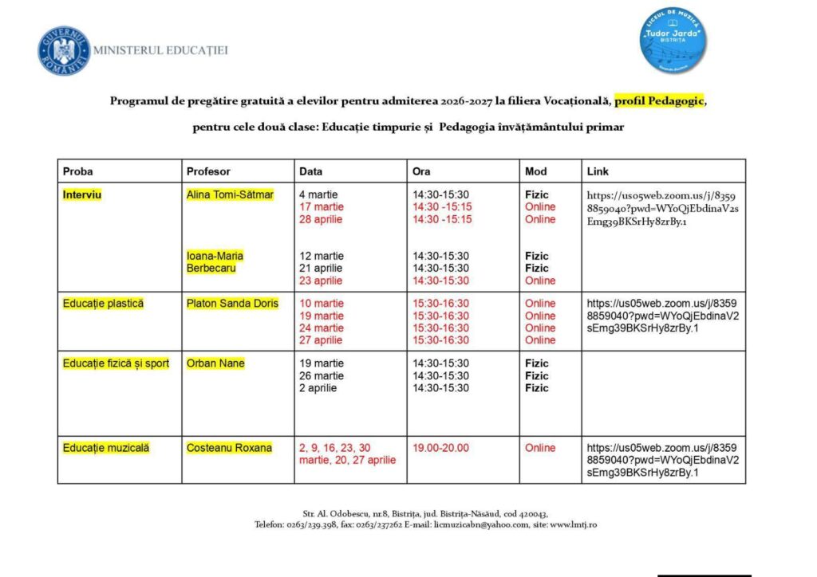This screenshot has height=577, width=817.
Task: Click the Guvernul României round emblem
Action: coord(64,51)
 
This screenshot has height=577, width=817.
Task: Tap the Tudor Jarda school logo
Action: coord(674,42)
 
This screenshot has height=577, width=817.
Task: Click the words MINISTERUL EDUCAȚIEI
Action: coord(160,51)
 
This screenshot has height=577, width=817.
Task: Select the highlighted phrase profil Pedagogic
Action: coord(660,101)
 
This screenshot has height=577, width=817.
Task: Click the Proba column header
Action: coord(78,171)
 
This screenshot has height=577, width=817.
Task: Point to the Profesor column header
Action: coord(208,171)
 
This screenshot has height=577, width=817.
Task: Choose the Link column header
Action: coord(598,171)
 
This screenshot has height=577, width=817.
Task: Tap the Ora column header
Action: coord(421,171)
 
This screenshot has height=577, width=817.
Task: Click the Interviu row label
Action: coord(82,194)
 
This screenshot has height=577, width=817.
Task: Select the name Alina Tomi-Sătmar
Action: coord(230,194)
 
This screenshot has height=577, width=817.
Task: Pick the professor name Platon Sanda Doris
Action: coord(232,304)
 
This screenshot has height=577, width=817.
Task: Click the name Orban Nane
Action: coord(215,363)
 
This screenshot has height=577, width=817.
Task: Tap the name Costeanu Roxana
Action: coord(229,448)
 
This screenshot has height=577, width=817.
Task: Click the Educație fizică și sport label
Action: coord(116,363)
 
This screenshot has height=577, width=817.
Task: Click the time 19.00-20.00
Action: coord(441,448)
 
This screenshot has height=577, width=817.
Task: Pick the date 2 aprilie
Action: coord(318,388)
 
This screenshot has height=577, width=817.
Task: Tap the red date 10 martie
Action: coord(322,304)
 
